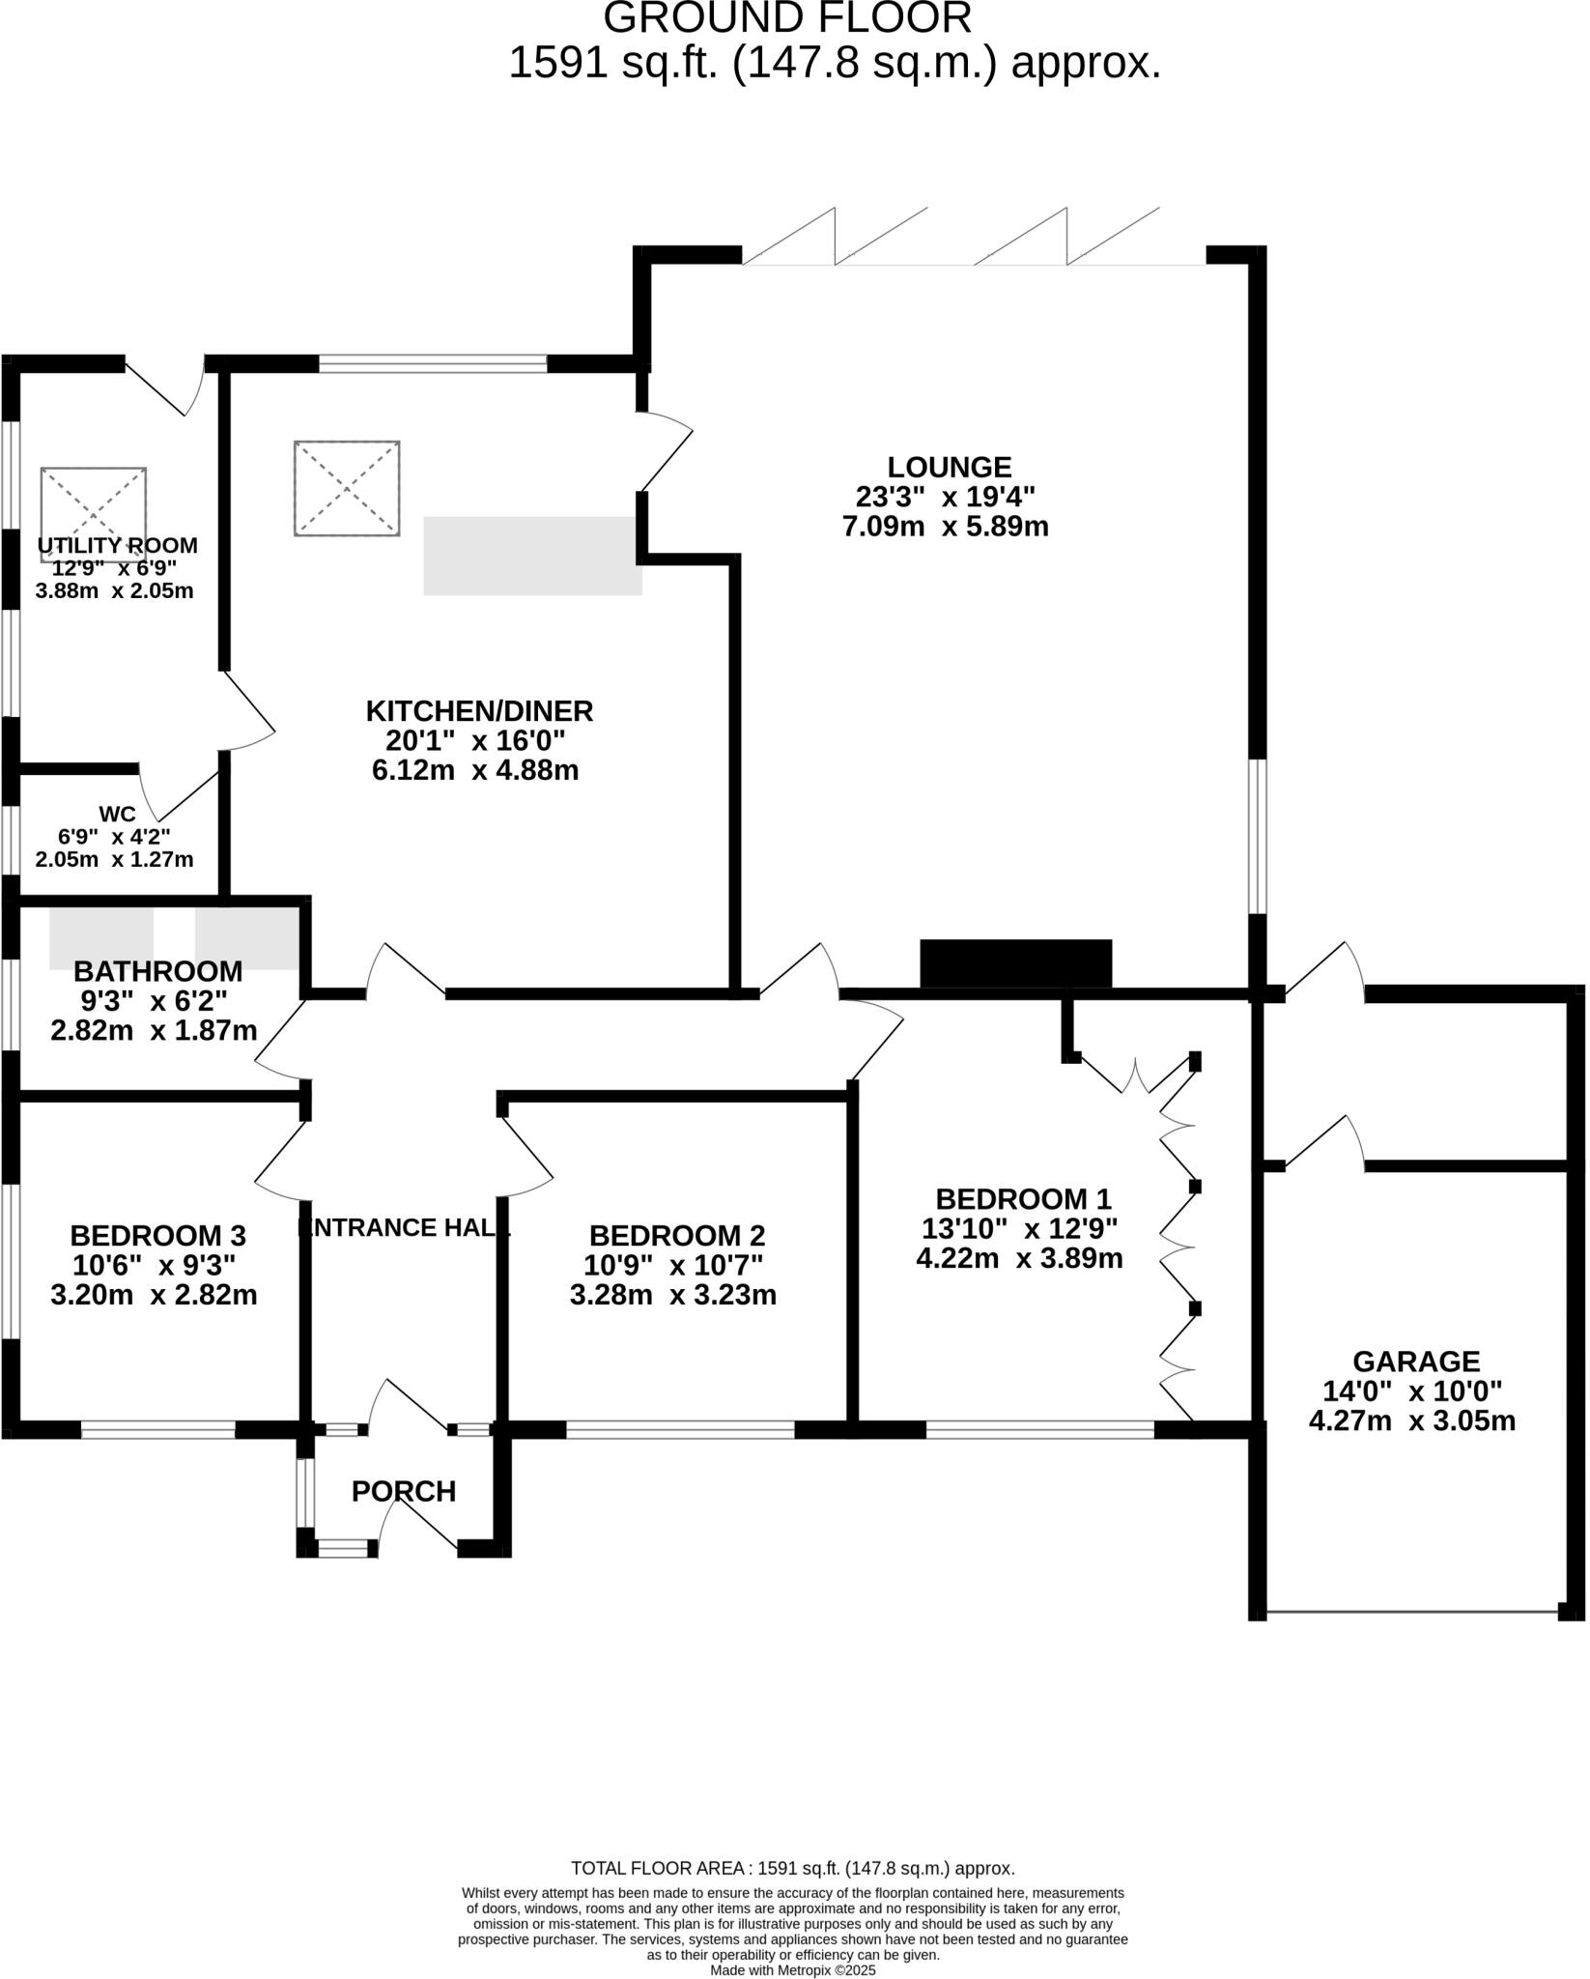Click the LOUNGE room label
point(949,468)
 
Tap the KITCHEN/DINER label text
point(479,711)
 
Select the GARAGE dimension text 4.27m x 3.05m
point(1411,1421)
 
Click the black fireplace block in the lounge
point(1015,963)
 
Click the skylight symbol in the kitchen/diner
point(347,488)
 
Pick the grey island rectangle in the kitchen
point(532,556)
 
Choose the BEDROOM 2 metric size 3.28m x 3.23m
point(673,1295)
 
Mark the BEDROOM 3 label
point(157,1235)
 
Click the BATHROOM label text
point(157,970)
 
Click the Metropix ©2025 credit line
point(793,1969)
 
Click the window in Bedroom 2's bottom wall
point(680,1429)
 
